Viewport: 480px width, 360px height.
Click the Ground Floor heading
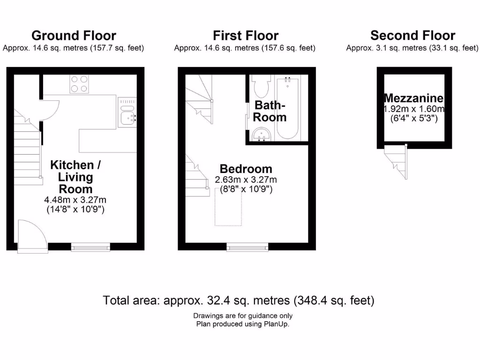click(74, 36)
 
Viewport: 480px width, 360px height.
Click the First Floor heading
click(246, 36)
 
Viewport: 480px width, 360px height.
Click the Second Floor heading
click(412, 36)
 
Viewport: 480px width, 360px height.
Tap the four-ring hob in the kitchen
click(80, 83)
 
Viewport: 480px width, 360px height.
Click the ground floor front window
click(91, 246)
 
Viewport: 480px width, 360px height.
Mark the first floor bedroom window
click(247, 246)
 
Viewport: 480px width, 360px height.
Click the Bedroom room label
click(246, 169)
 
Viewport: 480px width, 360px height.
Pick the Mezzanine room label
click(413, 98)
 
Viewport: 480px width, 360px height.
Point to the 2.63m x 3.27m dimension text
click(246, 180)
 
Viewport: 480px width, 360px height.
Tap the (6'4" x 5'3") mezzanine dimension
click(414, 119)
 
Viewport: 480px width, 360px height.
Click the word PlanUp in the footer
click(275, 324)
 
